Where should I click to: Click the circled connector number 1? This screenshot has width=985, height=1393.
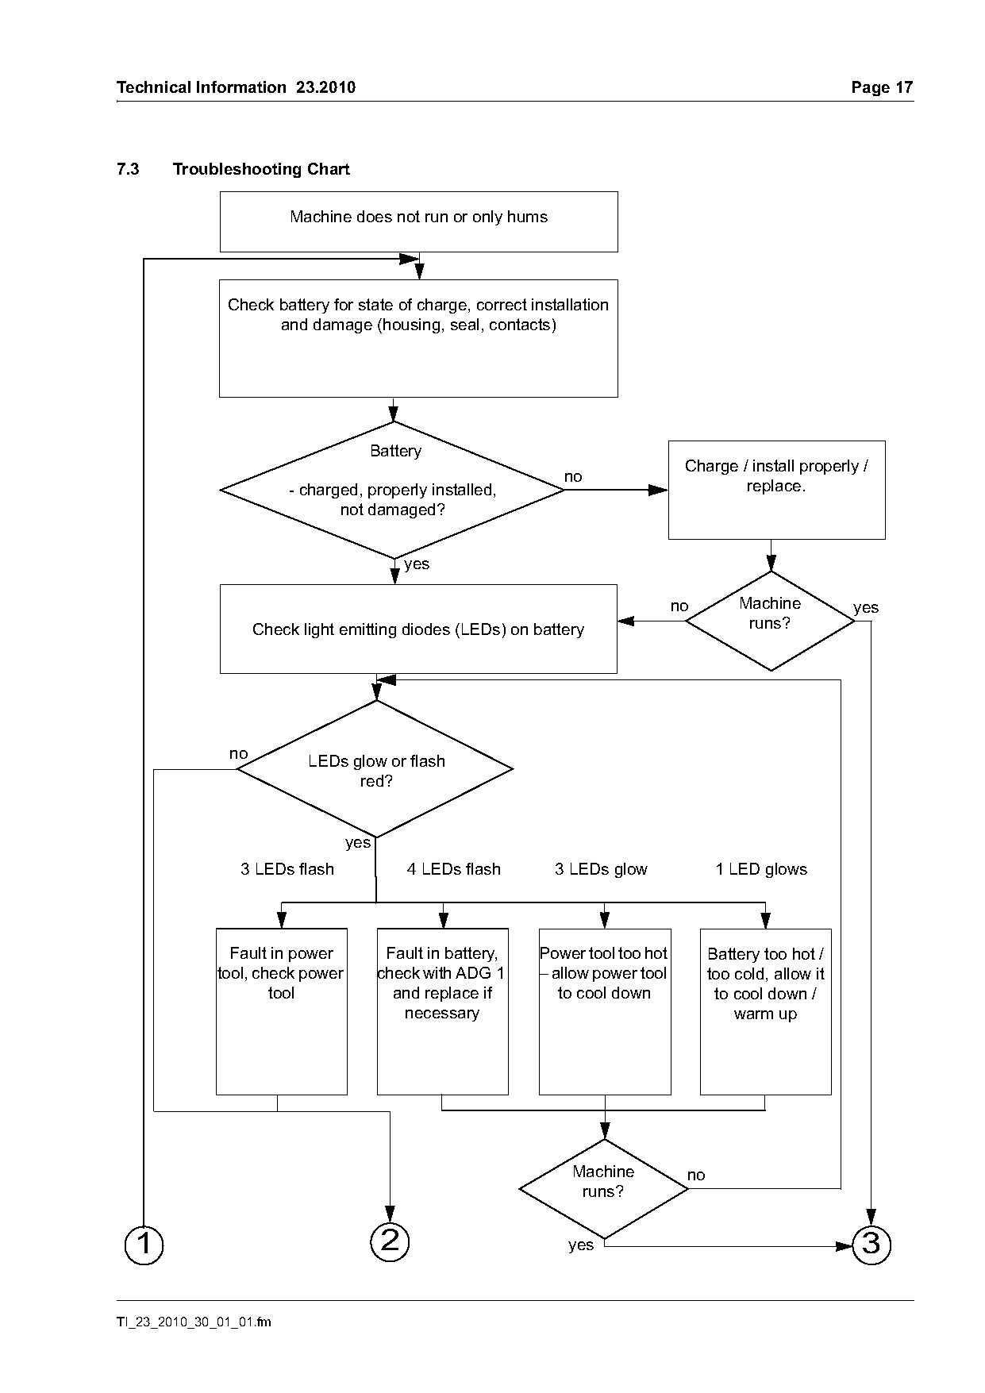click(144, 1245)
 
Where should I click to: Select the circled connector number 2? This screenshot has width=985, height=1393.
click(390, 1241)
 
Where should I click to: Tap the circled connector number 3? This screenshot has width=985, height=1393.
click(871, 1244)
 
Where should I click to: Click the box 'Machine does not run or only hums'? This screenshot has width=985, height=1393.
click(418, 221)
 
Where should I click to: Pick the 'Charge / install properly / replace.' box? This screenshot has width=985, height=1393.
click(776, 490)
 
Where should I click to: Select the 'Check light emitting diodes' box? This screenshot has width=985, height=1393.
click(418, 629)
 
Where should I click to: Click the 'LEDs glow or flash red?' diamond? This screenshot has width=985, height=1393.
click(375, 768)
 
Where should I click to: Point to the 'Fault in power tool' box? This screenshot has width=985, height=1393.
click(282, 1011)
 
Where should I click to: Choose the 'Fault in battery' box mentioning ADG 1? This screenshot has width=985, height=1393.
click(443, 1011)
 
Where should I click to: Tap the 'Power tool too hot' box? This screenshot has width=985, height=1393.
click(605, 1011)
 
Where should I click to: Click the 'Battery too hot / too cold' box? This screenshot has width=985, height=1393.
click(766, 1011)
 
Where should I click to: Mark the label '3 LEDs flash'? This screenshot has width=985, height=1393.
click(287, 869)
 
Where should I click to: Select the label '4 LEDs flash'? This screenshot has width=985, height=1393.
click(454, 869)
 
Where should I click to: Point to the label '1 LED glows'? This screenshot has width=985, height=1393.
click(761, 869)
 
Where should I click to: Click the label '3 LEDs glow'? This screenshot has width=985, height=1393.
click(601, 869)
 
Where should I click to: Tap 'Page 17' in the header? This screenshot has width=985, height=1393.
click(882, 87)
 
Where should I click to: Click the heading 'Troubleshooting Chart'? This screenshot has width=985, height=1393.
click(261, 169)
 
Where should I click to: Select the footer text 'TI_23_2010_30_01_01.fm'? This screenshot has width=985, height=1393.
click(194, 1322)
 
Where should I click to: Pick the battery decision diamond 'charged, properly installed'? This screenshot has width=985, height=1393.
click(393, 490)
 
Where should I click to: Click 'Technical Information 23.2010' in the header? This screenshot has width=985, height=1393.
click(236, 87)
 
